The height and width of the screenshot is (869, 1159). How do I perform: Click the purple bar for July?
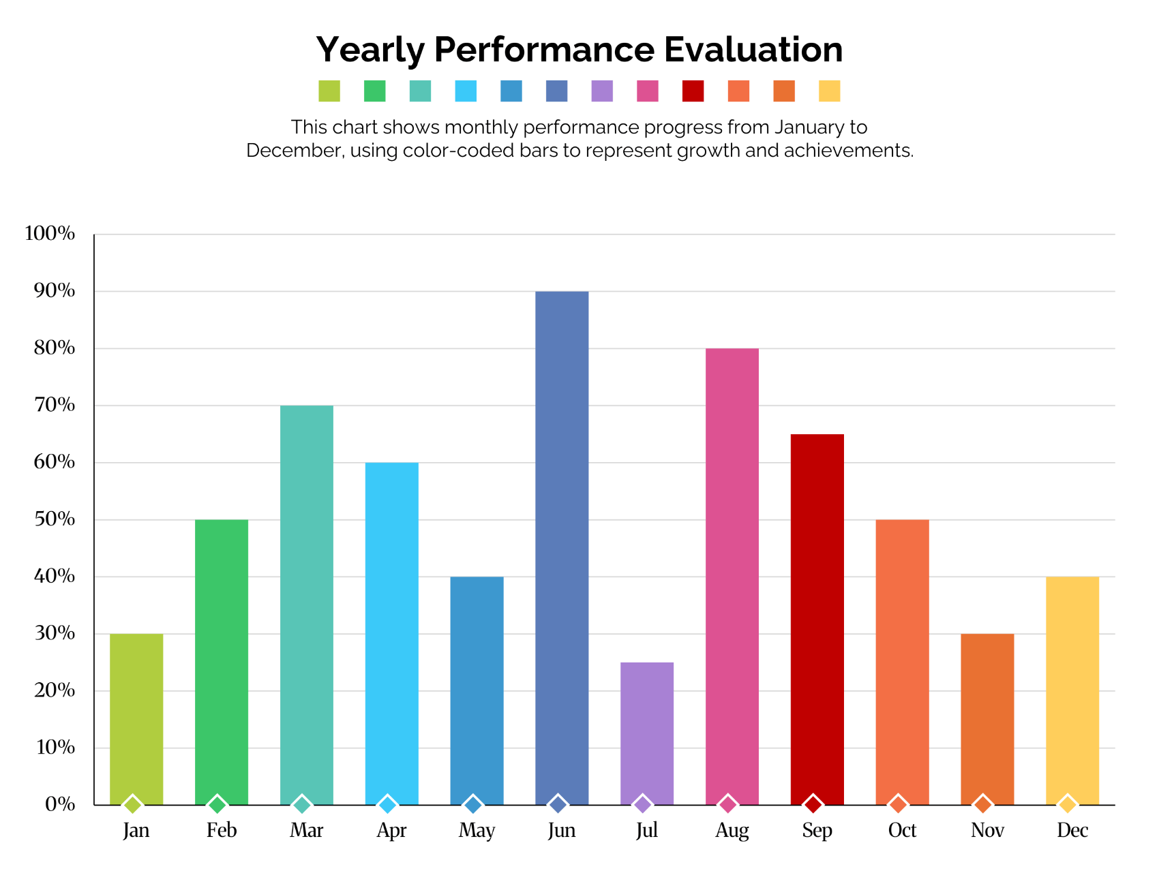[647, 733]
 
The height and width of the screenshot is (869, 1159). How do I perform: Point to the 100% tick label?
[50, 234]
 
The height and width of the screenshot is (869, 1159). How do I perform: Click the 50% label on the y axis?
[52, 519]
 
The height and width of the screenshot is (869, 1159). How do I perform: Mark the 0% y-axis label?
[60, 805]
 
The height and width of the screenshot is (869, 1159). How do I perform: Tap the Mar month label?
[307, 831]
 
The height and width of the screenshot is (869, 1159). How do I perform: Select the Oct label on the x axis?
[902, 831]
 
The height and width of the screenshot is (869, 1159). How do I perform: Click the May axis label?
[477, 831]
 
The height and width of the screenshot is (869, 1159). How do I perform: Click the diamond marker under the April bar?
[388, 805]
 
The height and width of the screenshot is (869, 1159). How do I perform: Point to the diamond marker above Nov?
[982, 805]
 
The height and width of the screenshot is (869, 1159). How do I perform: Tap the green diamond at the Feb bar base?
[217, 805]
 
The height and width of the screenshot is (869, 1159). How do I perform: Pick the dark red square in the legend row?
[693, 91]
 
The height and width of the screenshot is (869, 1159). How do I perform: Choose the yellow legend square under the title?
[829, 91]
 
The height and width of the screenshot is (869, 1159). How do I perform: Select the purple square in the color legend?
[602, 91]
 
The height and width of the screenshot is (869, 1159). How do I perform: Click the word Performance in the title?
[543, 50]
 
